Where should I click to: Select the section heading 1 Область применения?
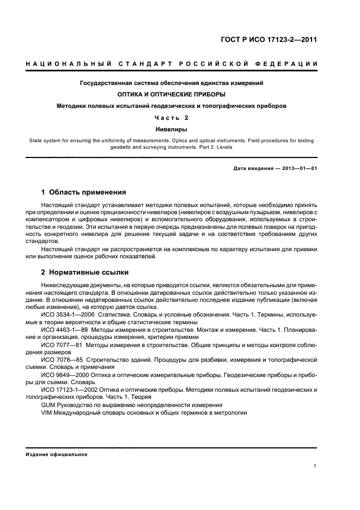point(84,192)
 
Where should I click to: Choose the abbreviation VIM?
point(47,412)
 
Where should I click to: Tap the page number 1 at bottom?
point(315,466)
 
